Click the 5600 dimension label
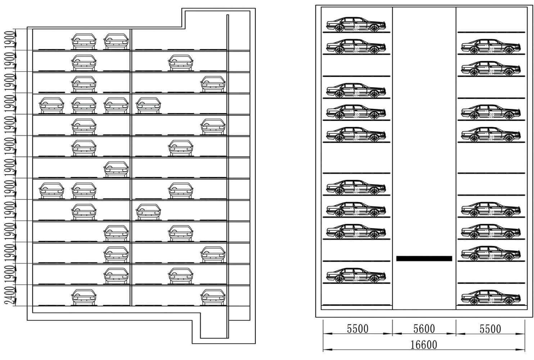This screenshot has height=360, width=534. coord(424,329)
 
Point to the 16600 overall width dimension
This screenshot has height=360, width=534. coord(424,345)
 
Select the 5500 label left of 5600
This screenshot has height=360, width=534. coord(358,329)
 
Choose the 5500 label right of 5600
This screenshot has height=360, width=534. coord(490,329)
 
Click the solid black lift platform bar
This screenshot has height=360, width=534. coord(424,258)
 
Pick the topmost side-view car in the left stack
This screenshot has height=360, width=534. coord(356,24)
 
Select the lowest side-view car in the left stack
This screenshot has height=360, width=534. coord(356,275)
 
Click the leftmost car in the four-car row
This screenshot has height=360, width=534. coord(51,105)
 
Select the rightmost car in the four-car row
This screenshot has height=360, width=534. coord(148,105)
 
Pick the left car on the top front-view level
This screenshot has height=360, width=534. coord(84,41)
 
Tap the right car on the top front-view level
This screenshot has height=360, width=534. coord(116,41)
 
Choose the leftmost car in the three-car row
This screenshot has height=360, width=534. coord(51,190)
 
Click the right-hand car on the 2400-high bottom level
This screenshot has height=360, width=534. coord(213,297)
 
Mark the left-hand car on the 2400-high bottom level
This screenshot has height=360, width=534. coord(84,297)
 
